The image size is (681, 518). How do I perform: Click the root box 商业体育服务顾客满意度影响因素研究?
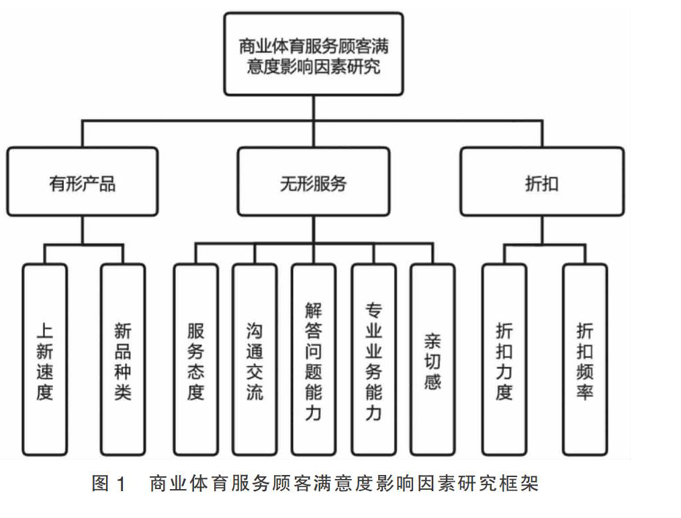[314, 54]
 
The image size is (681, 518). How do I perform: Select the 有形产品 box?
[82, 181]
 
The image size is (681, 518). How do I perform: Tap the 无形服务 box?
[314, 181]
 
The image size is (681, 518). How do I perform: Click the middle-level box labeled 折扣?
[542, 181]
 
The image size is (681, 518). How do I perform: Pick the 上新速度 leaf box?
[45, 359]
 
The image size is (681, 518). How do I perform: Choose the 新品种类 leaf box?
[123, 359]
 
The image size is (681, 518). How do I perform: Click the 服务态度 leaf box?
[196, 359]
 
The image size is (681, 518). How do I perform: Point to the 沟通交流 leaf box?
[255, 359]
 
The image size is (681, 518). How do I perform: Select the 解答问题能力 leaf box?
[314, 359]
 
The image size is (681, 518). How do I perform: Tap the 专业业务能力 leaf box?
[373, 359]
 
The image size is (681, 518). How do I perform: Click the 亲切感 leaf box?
[433, 359]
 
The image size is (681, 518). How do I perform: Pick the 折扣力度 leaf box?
[504, 359]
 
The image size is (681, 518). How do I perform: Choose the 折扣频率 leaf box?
[585, 359]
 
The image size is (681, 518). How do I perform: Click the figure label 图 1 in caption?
[109, 483]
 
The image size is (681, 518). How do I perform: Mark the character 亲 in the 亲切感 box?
[433, 341]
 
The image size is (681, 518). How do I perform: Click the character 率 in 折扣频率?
[585, 392]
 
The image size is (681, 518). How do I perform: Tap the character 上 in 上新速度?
[45, 331]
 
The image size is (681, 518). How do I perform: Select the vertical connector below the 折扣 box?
[542, 230]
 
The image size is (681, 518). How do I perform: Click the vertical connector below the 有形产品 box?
[82, 230]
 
